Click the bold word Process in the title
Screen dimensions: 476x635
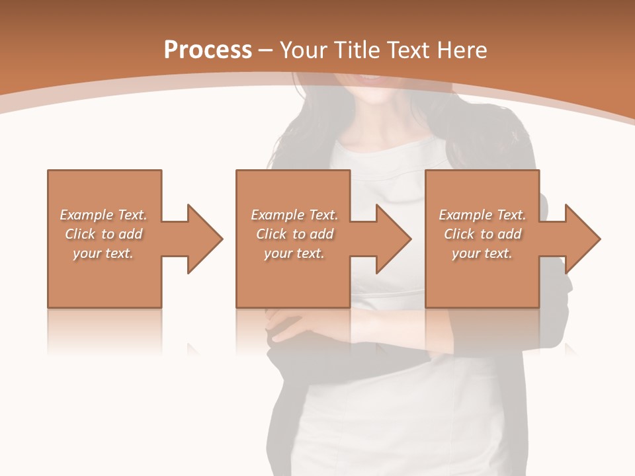pos(208,50)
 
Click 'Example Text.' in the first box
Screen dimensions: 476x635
pos(103,215)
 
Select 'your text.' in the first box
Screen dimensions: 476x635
pos(103,253)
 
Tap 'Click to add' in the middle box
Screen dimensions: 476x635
pos(294,234)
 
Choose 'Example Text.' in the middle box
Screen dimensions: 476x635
pos(294,215)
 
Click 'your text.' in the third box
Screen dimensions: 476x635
pos(482,253)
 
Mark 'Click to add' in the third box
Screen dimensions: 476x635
pos(482,234)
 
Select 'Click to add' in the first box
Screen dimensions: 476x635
pos(103,234)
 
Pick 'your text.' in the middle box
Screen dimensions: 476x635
pos(294,253)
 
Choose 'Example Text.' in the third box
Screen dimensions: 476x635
pos(482,215)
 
